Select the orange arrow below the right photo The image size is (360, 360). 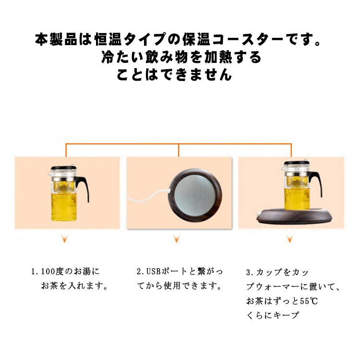pos(289,239)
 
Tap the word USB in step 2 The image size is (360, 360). pos(152,272)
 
